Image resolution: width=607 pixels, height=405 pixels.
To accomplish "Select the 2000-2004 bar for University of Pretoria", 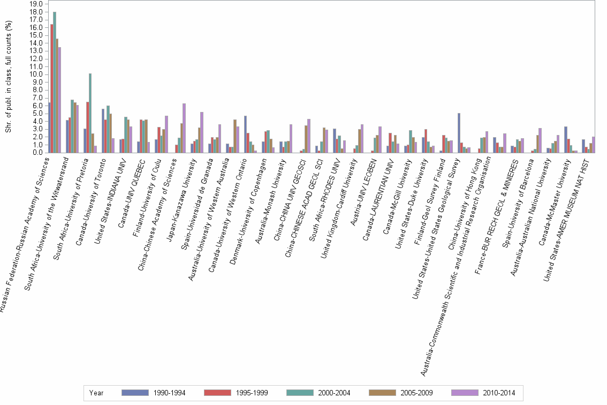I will click(90, 113).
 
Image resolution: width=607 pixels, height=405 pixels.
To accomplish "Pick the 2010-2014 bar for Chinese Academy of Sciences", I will click(184, 128).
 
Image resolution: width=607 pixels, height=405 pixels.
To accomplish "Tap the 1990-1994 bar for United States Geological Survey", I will click(459, 133).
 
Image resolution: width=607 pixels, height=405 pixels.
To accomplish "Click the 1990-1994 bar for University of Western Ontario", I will click(245, 134).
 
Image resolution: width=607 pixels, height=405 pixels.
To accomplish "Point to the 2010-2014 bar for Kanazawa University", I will click(201, 132).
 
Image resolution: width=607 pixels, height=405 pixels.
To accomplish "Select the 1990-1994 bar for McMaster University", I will click(565, 139).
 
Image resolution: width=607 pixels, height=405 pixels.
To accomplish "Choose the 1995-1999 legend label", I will click(252, 393).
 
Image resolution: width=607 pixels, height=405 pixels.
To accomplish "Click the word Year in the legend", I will click(96, 393).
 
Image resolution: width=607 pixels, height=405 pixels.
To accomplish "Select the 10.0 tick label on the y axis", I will click(36, 74).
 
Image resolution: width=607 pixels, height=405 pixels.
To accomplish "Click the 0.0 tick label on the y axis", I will click(38, 152).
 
